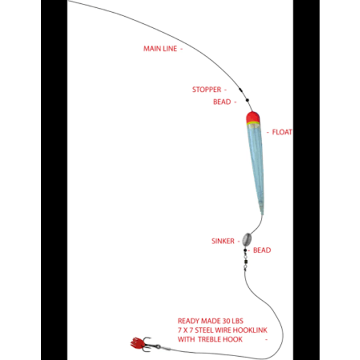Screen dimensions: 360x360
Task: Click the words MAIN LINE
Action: pos(160,49)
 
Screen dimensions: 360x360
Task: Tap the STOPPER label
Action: pos(206,89)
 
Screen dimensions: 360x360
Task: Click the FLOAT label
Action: pos(282,132)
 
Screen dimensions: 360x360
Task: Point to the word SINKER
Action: pos(223,241)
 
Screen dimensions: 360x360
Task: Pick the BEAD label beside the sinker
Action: pos(262,250)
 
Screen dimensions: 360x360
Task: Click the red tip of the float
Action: pos(253,116)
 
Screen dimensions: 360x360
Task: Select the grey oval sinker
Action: pos(245,239)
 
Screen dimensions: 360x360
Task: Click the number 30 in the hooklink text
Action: pos(223,321)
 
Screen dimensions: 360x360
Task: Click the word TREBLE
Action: pos(208,340)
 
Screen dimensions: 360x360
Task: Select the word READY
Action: pos(188,321)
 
